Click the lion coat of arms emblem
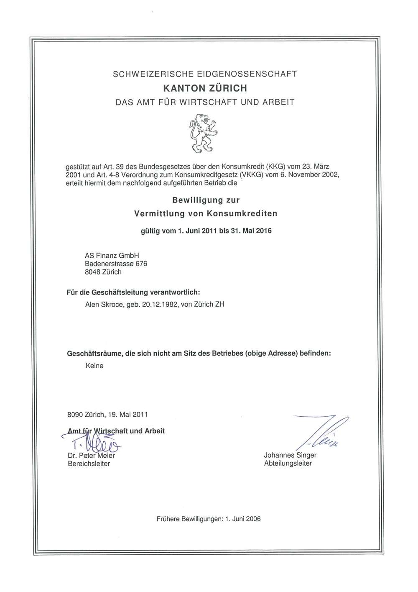[x=204, y=133]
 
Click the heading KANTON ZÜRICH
[x=205, y=88]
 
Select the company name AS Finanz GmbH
[x=112, y=256]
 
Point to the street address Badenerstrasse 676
[x=116, y=264]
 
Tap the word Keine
[x=94, y=366]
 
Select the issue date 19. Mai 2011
[x=128, y=415]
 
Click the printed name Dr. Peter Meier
[x=91, y=456]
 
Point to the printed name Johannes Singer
[x=290, y=455]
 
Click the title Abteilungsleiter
[x=288, y=463]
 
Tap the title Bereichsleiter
[x=89, y=464]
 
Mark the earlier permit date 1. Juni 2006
[x=243, y=519]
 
